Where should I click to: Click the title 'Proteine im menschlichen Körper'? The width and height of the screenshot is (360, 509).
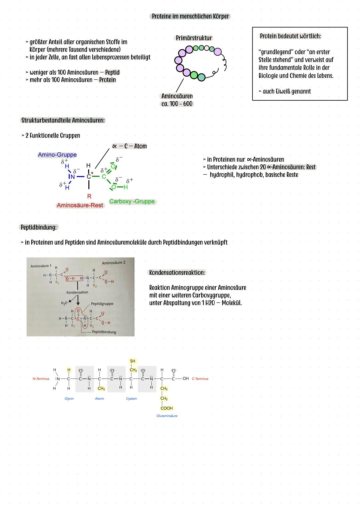tap(190, 16)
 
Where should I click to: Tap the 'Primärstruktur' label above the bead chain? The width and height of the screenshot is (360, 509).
tap(194, 38)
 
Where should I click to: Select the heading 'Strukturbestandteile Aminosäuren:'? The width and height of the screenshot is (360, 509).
tap(63, 120)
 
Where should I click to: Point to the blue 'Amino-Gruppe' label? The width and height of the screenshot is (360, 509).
tap(57, 155)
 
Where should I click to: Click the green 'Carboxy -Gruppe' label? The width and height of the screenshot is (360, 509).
tap(132, 201)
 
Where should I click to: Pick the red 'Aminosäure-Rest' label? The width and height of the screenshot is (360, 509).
tap(80, 205)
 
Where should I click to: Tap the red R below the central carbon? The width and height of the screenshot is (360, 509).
tap(89, 197)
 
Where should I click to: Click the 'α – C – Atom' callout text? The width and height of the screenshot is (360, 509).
tap(130, 146)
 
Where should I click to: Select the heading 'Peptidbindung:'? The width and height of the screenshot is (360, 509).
tap(39, 227)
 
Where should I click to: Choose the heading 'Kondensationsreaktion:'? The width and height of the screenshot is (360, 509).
tap(177, 273)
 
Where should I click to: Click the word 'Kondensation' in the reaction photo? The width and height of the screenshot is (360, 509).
tap(77, 292)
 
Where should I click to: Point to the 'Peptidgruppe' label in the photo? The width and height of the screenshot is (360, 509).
tap(102, 304)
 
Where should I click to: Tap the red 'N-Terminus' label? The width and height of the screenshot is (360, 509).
tap(41, 379)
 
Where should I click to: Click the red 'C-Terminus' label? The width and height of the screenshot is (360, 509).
tap(200, 379)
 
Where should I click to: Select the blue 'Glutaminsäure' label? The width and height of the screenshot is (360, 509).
tap(167, 416)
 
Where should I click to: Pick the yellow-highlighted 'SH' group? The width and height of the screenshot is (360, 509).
tap(133, 361)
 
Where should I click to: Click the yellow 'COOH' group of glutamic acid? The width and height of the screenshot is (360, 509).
tap(167, 408)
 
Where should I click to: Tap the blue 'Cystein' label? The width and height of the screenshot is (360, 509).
tap(131, 399)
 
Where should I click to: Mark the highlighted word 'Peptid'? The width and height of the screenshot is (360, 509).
tap(112, 72)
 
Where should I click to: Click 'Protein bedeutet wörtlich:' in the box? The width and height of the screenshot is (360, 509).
tap(290, 36)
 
